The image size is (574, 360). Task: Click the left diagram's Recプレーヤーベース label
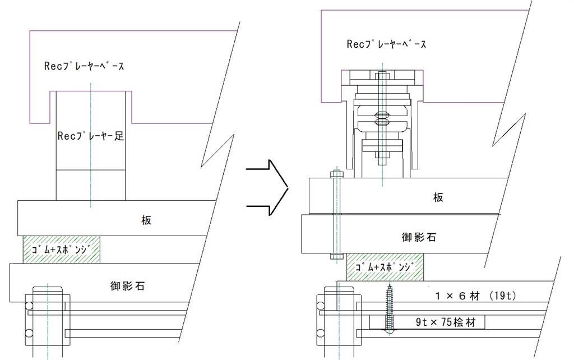tap(84, 66)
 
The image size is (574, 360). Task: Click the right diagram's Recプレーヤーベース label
tap(386, 44)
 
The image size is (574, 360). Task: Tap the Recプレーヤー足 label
tap(90, 135)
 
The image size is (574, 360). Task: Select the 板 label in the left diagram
tap(146, 220)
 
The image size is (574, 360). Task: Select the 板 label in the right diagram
tap(439, 197)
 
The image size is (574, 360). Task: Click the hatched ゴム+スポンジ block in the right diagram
tap(385, 267)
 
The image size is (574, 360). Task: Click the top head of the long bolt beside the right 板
tap(336, 174)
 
